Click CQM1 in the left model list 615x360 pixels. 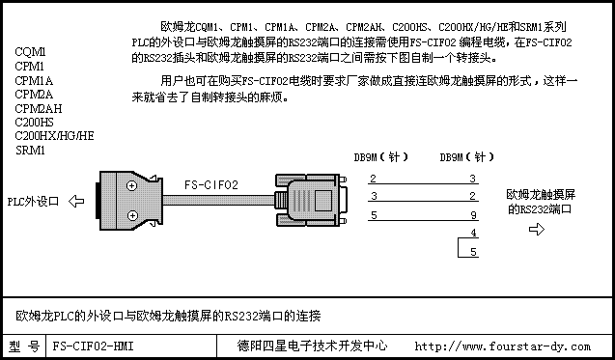(x=30, y=51)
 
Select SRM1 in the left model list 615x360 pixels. (x=30, y=151)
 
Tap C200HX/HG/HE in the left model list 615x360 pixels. (x=54, y=136)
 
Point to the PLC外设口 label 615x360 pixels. (x=34, y=202)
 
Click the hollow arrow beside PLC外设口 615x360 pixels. (x=77, y=202)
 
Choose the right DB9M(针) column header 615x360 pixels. (x=466, y=157)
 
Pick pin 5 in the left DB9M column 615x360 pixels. (x=373, y=214)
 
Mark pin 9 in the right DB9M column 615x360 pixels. (x=472, y=214)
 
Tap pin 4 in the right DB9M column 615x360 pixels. (x=472, y=233)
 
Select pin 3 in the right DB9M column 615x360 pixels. (x=472, y=179)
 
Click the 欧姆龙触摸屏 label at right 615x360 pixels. (x=538, y=194)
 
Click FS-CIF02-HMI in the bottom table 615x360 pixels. (x=94, y=345)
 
